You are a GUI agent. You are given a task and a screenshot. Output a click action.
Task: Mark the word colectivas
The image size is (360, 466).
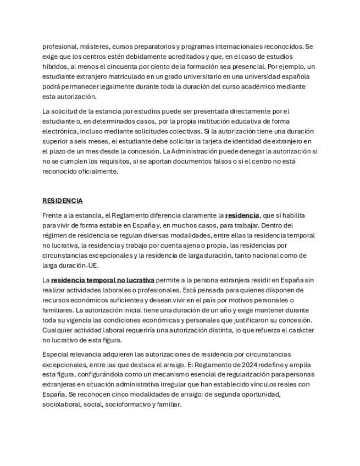(181, 131)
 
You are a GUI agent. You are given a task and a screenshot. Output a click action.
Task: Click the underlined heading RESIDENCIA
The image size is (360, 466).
(63, 201)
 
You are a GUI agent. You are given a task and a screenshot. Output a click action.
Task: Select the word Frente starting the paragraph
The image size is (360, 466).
(53, 215)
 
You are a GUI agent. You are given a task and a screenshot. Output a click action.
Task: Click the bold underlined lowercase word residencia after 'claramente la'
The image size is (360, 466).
(242, 215)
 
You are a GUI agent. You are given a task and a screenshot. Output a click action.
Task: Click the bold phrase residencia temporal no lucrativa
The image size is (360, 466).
(103, 280)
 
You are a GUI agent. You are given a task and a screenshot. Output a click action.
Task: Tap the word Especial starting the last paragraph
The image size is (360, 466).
(56, 354)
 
